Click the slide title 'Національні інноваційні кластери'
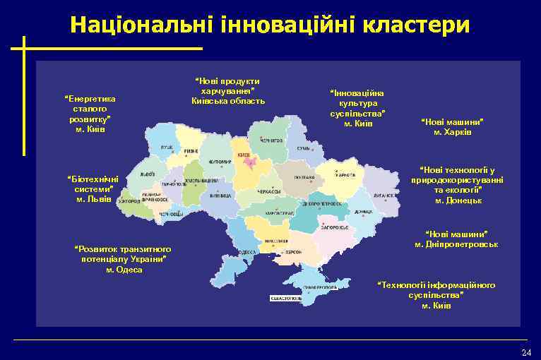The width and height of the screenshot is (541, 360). coord(269,25)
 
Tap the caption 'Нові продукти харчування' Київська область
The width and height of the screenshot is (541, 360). coord(228,91)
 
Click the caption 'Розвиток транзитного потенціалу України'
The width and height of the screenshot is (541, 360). coord(124,259)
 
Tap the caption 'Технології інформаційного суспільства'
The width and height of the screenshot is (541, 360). coord(436,294)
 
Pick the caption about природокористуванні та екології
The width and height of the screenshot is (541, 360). coord(458,185)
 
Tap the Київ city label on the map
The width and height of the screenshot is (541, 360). coord(244,154)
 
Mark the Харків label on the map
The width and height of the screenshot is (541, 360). coord(345,175)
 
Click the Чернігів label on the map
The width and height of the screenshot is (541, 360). coord(270,141)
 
